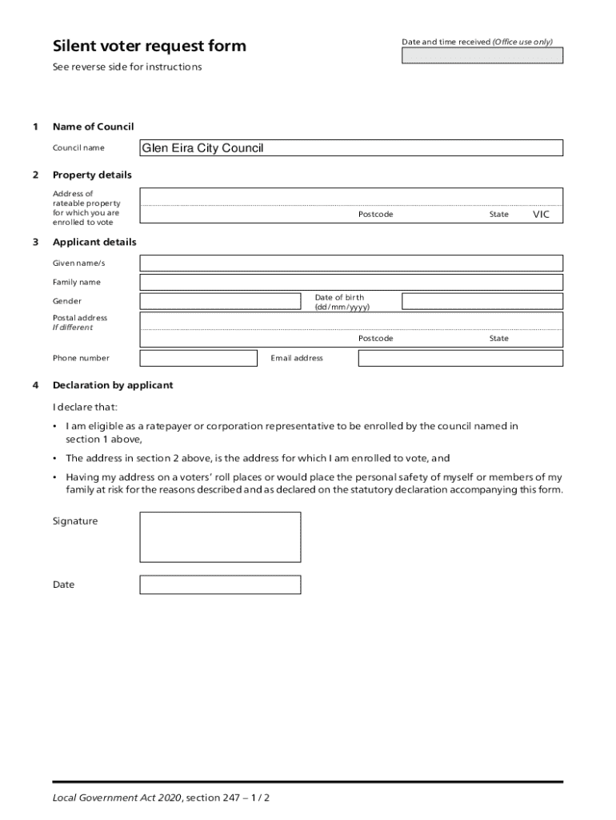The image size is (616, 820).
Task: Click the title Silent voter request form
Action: (x=149, y=46)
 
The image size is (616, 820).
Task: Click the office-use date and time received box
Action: (x=482, y=55)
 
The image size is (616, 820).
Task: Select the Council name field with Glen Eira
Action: (x=351, y=148)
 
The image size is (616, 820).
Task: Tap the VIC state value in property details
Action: (x=542, y=215)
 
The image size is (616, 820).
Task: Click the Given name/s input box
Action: (x=351, y=263)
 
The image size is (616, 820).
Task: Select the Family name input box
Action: (x=351, y=282)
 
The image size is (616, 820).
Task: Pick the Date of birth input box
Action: (x=482, y=301)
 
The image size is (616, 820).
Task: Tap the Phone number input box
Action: (x=198, y=358)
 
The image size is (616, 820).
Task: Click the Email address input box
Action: (x=460, y=358)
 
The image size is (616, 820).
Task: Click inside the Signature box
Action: (x=220, y=537)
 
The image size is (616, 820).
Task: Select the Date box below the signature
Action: (x=220, y=585)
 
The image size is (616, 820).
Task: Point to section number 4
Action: (x=35, y=385)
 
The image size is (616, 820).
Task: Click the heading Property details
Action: (x=92, y=175)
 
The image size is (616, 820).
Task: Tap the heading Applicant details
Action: (x=94, y=242)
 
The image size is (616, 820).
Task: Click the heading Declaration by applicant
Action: (x=113, y=385)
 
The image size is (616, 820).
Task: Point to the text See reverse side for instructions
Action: (x=127, y=67)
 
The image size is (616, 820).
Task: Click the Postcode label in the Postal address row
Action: (x=375, y=339)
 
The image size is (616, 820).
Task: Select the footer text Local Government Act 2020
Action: (x=117, y=798)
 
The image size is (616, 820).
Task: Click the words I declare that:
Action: (x=85, y=407)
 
